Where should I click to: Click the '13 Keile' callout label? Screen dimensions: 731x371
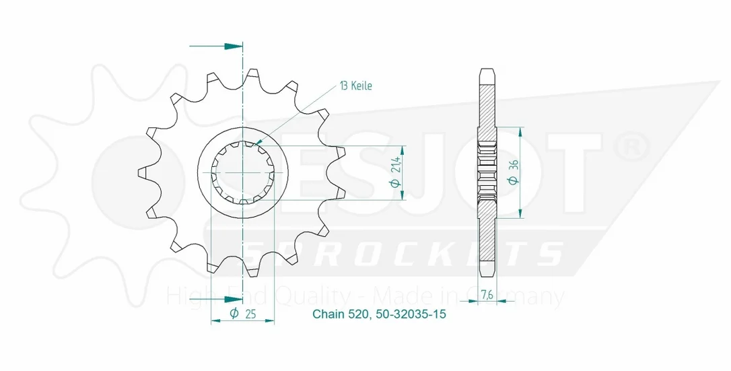point(356,86)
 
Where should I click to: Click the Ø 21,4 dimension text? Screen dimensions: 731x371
point(396,172)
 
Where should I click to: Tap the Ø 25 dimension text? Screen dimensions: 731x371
point(242,314)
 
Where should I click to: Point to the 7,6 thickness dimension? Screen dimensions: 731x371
point(487,294)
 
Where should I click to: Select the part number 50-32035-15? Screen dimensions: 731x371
point(410,314)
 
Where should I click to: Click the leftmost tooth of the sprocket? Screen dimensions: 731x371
point(145,172)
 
